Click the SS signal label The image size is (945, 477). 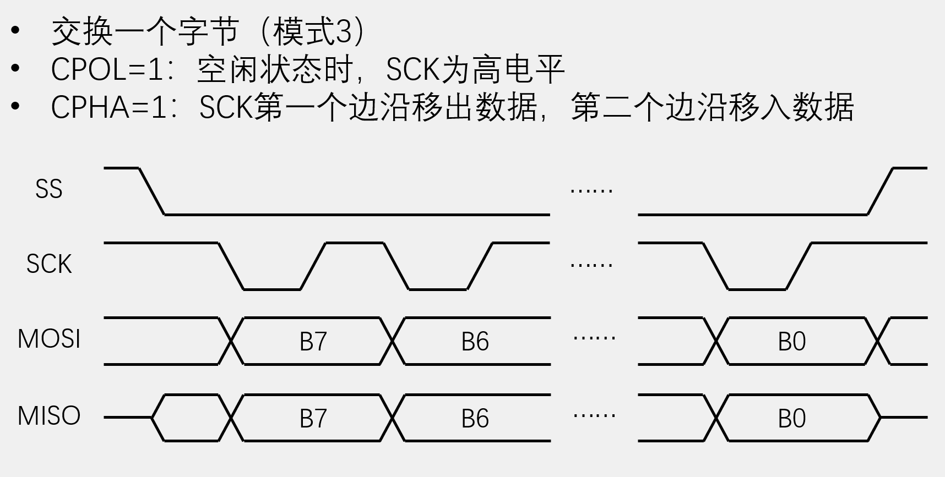tap(48, 189)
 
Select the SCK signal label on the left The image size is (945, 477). tap(49, 264)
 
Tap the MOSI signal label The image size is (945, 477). tap(49, 339)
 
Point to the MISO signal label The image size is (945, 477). tap(49, 416)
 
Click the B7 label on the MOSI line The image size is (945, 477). tap(313, 342)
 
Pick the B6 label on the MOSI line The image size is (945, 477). tap(475, 342)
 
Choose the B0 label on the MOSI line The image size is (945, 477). tap(791, 342)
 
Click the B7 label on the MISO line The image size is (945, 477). tap(313, 419)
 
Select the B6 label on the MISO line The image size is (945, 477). tap(475, 419)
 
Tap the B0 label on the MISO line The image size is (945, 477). tap(791, 419)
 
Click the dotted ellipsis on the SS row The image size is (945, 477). tap(591, 191)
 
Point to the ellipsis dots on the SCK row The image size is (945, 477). tap(591, 265)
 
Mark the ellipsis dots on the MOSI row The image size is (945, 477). tap(594, 338)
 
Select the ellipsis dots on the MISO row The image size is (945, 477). tap(594, 415)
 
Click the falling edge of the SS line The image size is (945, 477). tap(151, 191)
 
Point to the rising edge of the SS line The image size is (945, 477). tap(880, 191)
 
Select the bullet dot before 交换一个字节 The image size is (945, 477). tap(15, 30)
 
